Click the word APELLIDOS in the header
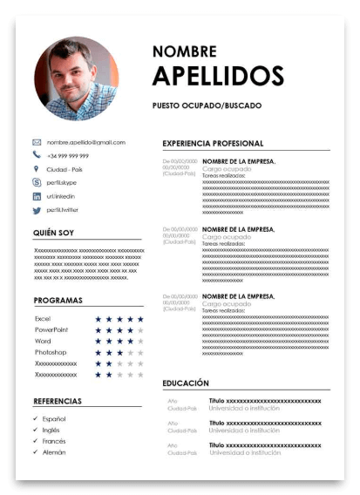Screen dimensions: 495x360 pyautogui.click(x=218, y=76)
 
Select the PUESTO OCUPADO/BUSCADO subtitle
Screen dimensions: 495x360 pyautogui.click(x=207, y=105)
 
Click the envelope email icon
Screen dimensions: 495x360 pyautogui.click(x=37, y=142)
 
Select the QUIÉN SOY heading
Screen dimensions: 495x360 pyautogui.click(x=53, y=234)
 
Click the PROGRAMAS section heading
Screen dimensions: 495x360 pyautogui.click(x=58, y=301)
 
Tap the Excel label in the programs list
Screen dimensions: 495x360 pyautogui.click(x=43, y=319)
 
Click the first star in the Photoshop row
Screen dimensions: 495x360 pyautogui.click(x=98, y=352)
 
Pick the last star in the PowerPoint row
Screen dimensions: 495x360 pyautogui.click(x=140, y=330)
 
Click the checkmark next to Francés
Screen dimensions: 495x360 pyautogui.click(x=36, y=441)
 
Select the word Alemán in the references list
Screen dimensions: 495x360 pyautogui.click(x=54, y=452)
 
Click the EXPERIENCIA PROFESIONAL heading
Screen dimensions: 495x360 pyautogui.click(x=213, y=143)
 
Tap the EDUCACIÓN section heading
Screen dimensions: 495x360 pyautogui.click(x=186, y=383)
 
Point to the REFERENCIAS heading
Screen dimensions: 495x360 pyautogui.click(x=57, y=401)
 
